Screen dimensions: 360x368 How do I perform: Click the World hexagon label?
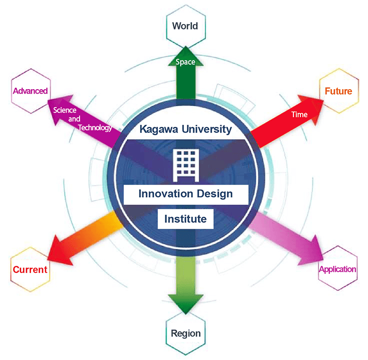click(185, 26)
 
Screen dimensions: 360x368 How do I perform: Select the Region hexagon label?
click(186, 333)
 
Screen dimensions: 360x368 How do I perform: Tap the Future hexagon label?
click(338, 91)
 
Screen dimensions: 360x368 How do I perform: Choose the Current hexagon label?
click(30, 269)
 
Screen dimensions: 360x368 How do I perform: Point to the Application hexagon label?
click(337, 269)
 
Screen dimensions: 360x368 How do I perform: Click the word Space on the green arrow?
click(185, 62)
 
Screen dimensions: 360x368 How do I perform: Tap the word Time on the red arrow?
click(299, 115)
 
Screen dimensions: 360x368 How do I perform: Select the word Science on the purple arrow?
click(65, 110)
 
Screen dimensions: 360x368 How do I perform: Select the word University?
click(207, 129)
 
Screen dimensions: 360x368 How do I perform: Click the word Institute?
click(185, 218)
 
